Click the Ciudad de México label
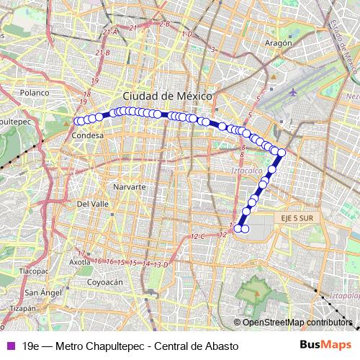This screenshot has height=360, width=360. (166, 96)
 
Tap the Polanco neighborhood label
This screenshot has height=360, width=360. (34, 93)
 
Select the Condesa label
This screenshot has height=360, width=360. (88, 135)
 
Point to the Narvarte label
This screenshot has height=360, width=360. (130, 186)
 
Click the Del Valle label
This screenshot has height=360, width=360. (92, 204)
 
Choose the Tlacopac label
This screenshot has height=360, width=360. (34, 271)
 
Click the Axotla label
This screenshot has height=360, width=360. (80, 263)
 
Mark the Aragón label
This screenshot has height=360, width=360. (277, 43)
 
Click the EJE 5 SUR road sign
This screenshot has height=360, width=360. (294, 217)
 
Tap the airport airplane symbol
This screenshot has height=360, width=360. (294, 92)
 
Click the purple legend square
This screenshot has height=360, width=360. (9, 346)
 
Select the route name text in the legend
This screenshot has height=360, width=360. (130, 346)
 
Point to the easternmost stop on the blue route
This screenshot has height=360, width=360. (282, 153)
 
